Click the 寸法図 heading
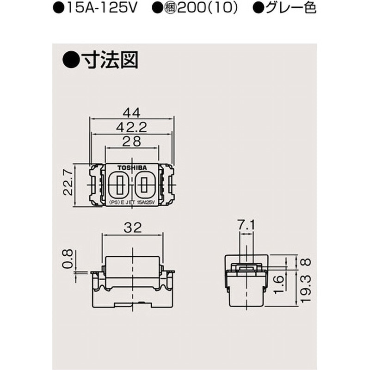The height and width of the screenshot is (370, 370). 109,61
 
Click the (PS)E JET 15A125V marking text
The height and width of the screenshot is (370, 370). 132,203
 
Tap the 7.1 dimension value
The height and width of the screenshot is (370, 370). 246,227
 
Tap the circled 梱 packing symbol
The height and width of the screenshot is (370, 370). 185,8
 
